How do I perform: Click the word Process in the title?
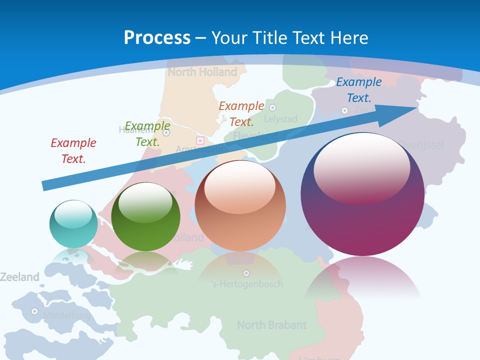click(157, 37)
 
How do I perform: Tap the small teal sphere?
click(73, 224)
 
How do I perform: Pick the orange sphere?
click(240, 205)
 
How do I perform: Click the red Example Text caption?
click(73, 151)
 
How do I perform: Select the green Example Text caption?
click(147, 134)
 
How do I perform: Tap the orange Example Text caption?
click(241, 113)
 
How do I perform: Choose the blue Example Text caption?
click(359, 90)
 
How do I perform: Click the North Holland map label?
click(202, 72)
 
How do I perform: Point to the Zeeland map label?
click(19, 277)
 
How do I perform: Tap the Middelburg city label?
click(66, 315)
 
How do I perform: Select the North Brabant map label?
click(271, 325)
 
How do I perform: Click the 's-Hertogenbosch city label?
click(246, 284)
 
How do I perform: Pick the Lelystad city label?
click(280, 119)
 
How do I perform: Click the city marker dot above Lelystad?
click(272, 107)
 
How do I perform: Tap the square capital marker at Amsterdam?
click(200, 141)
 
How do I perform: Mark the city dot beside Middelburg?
click(34, 311)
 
